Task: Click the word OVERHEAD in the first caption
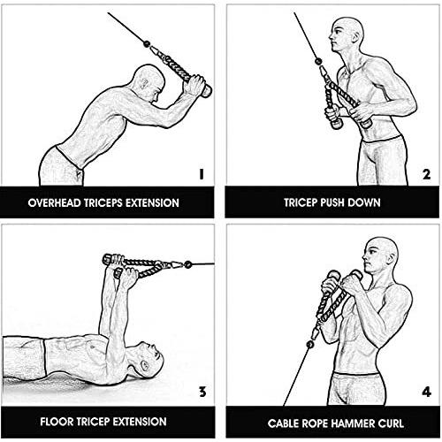(x=54, y=203)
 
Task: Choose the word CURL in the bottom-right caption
(x=391, y=423)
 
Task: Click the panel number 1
(x=202, y=174)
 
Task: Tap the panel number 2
(x=426, y=174)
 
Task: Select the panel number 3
(x=202, y=392)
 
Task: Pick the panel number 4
(x=427, y=392)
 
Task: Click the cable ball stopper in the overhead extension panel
(x=147, y=44)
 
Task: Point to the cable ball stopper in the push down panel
(x=318, y=62)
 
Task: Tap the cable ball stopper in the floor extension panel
(x=187, y=264)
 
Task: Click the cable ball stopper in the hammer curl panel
(x=309, y=344)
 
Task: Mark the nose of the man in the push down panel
(x=331, y=38)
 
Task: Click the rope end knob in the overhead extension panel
(x=206, y=91)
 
